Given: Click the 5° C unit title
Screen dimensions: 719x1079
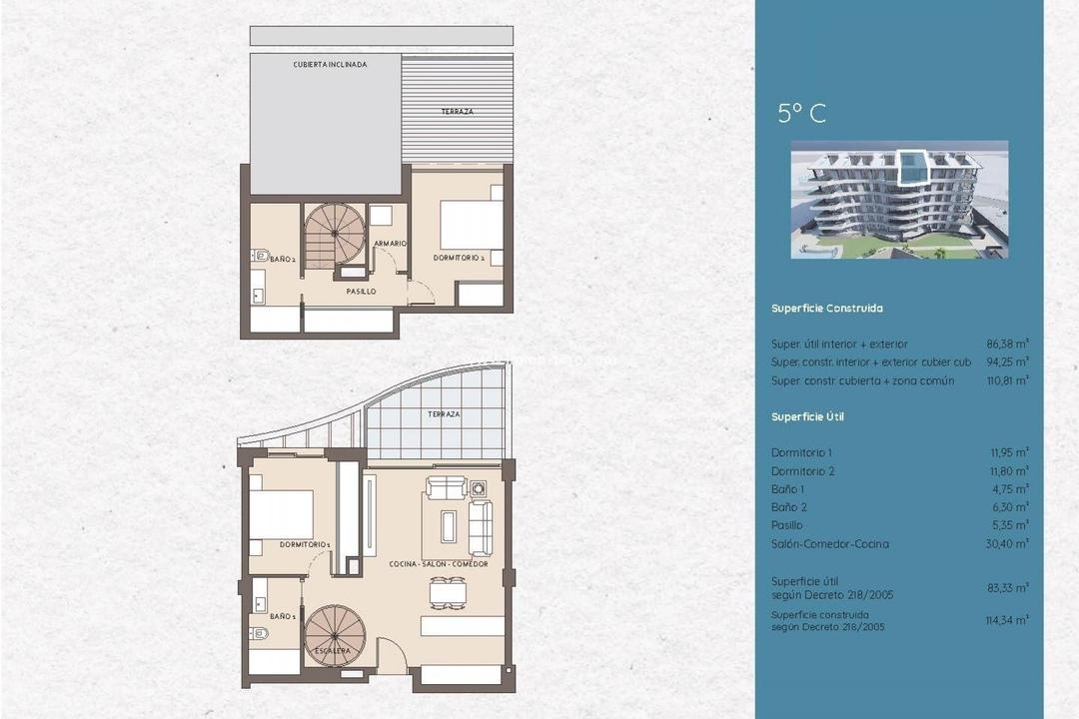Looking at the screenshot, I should pyautogui.click(x=801, y=113).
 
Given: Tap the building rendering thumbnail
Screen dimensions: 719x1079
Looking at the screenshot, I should pyautogui.click(x=899, y=200).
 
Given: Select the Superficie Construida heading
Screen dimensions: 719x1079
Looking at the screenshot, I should pyautogui.click(x=826, y=309).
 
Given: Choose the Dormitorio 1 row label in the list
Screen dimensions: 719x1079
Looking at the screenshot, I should pyautogui.click(x=801, y=453).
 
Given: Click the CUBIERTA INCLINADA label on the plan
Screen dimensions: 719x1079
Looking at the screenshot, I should pyautogui.click(x=330, y=64).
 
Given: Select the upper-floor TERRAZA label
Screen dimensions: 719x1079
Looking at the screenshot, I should pyautogui.click(x=457, y=112).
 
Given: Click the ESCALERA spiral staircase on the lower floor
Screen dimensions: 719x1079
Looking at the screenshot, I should pyautogui.click(x=335, y=636).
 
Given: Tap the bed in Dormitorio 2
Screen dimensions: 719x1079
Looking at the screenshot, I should pyautogui.click(x=471, y=226).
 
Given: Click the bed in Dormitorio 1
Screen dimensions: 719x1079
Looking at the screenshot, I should pyautogui.click(x=281, y=514).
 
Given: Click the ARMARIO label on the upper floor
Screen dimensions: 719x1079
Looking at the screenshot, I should pyautogui.click(x=389, y=244).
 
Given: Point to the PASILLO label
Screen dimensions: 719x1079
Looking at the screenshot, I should pyautogui.click(x=361, y=292).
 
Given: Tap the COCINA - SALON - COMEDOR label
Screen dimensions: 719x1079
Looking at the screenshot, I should pyautogui.click(x=439, y=564).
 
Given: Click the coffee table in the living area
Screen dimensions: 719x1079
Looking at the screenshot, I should pyautogui.click(x=449, y=525).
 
